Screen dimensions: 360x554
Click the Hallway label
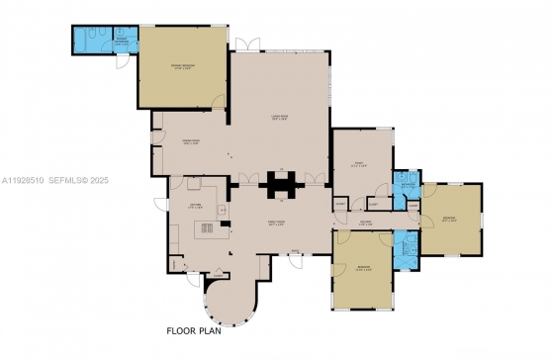(x=365, y=223)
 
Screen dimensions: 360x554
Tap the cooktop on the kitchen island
(x=210, y=230)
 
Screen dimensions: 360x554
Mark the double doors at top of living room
(x=247, y=45)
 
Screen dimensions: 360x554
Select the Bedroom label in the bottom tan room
(x=364, y=269)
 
